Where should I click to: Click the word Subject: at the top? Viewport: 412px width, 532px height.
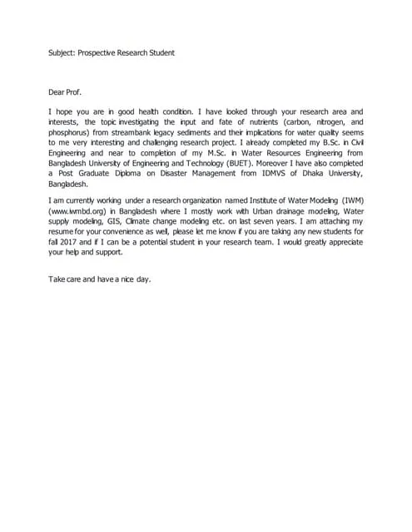[61, 52]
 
